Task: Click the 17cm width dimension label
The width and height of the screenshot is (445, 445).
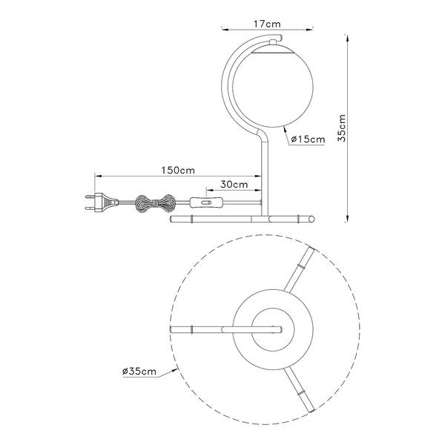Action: (x=267, y=24)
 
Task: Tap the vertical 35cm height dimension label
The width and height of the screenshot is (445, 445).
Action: (x=342, y=128)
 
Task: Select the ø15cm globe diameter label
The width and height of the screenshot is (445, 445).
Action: (x=309, y=139)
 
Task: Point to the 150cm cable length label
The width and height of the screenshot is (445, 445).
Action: (x=178, y=171)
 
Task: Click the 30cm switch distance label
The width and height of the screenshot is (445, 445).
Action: (x=234, y=185)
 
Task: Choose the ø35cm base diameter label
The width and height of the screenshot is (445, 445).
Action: (x=139, y=372)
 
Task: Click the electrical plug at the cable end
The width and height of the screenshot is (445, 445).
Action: (x=102, y=202)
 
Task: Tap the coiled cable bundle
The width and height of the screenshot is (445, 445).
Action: (x=154, y=203)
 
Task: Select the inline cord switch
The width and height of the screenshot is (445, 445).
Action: (x=205, y=202)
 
